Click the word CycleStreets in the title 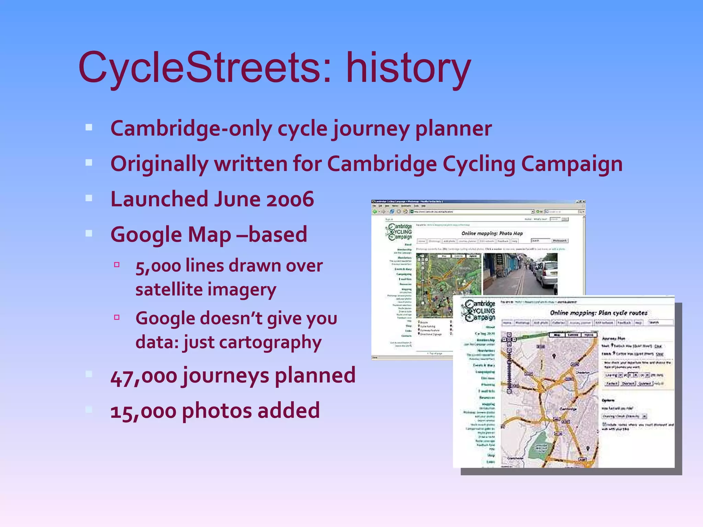click(x=205, y=68)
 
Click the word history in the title click(x=408, y=68)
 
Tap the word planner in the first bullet click(x=453, y=129)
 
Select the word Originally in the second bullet click(x=159, y=164)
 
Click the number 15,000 click(x=143, y=411)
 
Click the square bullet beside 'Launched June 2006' click(x=89, y=198)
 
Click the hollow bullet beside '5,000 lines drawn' click(x=117, y=265)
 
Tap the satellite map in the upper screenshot click(x=448, y=285)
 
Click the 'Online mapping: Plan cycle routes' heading click(x=599, y=313)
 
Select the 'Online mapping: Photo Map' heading click(x=492, y=233)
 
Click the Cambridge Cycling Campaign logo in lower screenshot click(x=478, y=311)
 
